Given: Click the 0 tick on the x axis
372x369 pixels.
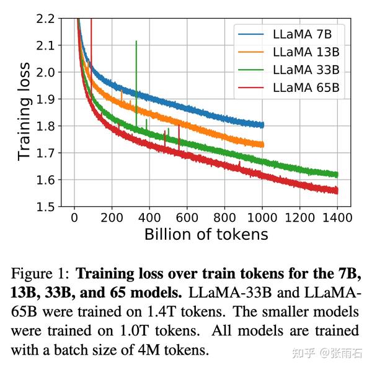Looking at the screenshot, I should click(74, 218).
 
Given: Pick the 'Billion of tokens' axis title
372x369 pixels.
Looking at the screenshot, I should click(206, 235).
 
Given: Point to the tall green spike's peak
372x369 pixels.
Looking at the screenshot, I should click(136, 41).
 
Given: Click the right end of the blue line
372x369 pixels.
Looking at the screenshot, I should click(262, 125).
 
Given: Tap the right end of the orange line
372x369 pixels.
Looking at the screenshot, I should click(262, 145).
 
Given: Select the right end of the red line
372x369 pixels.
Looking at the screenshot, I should click(337, 191).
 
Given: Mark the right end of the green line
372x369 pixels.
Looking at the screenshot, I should click(337, 175).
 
